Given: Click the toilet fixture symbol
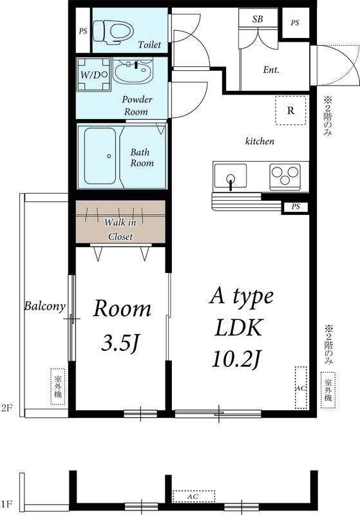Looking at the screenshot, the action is [113, 32].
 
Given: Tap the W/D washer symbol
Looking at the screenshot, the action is [93, 75].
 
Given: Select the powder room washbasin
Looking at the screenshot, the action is [133, 71].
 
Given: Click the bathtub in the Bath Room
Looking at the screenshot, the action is [100, 156].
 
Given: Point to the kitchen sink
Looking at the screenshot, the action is [231, 176].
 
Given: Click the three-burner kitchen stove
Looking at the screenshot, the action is [285, 176].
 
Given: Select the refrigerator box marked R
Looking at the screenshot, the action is [290, 110].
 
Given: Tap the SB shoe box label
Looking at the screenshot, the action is [258, 19].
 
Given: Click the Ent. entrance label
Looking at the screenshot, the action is [271, 70].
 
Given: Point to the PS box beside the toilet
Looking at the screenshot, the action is [83, 31].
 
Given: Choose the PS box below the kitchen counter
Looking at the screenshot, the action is [296, 207].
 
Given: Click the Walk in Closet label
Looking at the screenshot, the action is [120, 229].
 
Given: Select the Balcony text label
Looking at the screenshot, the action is [45, 306].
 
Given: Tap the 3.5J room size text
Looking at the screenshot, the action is [121, 342].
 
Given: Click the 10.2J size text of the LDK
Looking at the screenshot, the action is [237, 359].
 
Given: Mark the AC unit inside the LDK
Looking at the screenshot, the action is [301, 388].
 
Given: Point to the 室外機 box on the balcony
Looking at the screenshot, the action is [58, 387].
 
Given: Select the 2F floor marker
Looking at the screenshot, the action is [6, 408].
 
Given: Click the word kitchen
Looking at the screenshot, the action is [260, 141].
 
